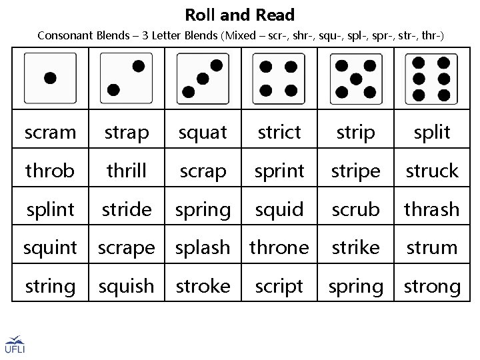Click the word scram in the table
coord(50,133)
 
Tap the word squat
coord(203,133)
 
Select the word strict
coord(279,133)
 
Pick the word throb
coord(50,171)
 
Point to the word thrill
coord(126,171)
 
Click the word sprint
coord(279,171)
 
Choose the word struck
coord(432,171)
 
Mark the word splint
coord(50,209)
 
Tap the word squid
coord(279,209)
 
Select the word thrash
coord(432,209)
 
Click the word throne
coord(279,247)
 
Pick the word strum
coord(432,247)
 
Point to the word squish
coord(126,287)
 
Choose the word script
coord(279,287)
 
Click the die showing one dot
coord(50,78)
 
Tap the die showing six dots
coord(431,78)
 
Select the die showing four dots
coord(279,78)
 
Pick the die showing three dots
coord(203,78)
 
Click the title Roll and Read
coord(240,14)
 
